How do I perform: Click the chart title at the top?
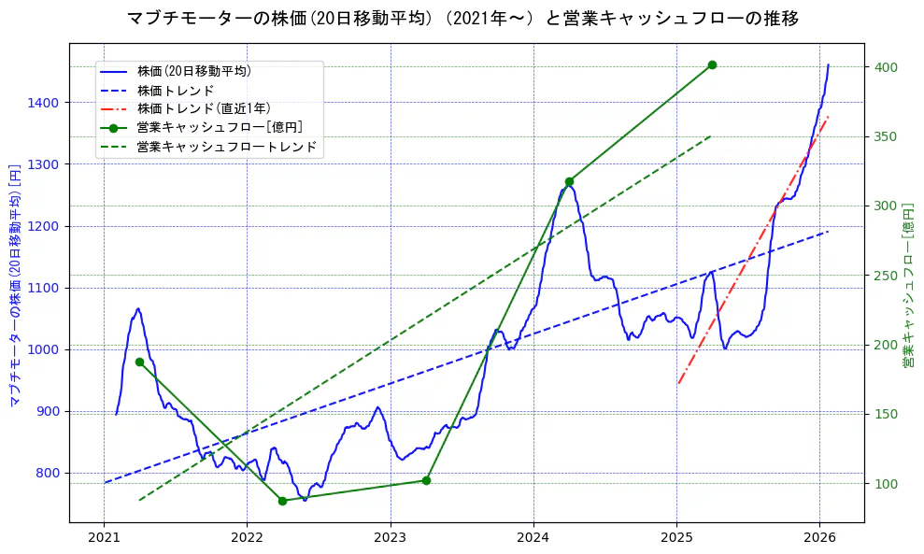tap(462, 18)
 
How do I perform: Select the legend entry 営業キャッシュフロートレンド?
tap(226, 147)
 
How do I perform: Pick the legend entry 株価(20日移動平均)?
tap(193, 71)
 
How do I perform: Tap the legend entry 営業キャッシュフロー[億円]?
tap(219, 127)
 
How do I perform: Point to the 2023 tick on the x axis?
tap(391, 538)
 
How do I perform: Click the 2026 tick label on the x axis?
tap(819, 538)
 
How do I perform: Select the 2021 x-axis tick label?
tap(104, 538)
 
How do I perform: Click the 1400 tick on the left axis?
tap(45, 103)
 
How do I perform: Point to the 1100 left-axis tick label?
tap(45, 288)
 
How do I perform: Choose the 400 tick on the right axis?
tap(887, 67)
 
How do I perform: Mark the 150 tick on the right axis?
tap(887, 414)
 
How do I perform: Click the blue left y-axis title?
tap(14, 286)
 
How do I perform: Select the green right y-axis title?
tap(907, 286)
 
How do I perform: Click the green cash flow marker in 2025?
tap(712, 64)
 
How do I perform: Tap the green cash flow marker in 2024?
tap(569, 181)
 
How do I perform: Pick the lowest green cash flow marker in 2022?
tap(282, 501)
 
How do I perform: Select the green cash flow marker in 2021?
tap(139, 362)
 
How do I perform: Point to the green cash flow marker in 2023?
tap(426, 480)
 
